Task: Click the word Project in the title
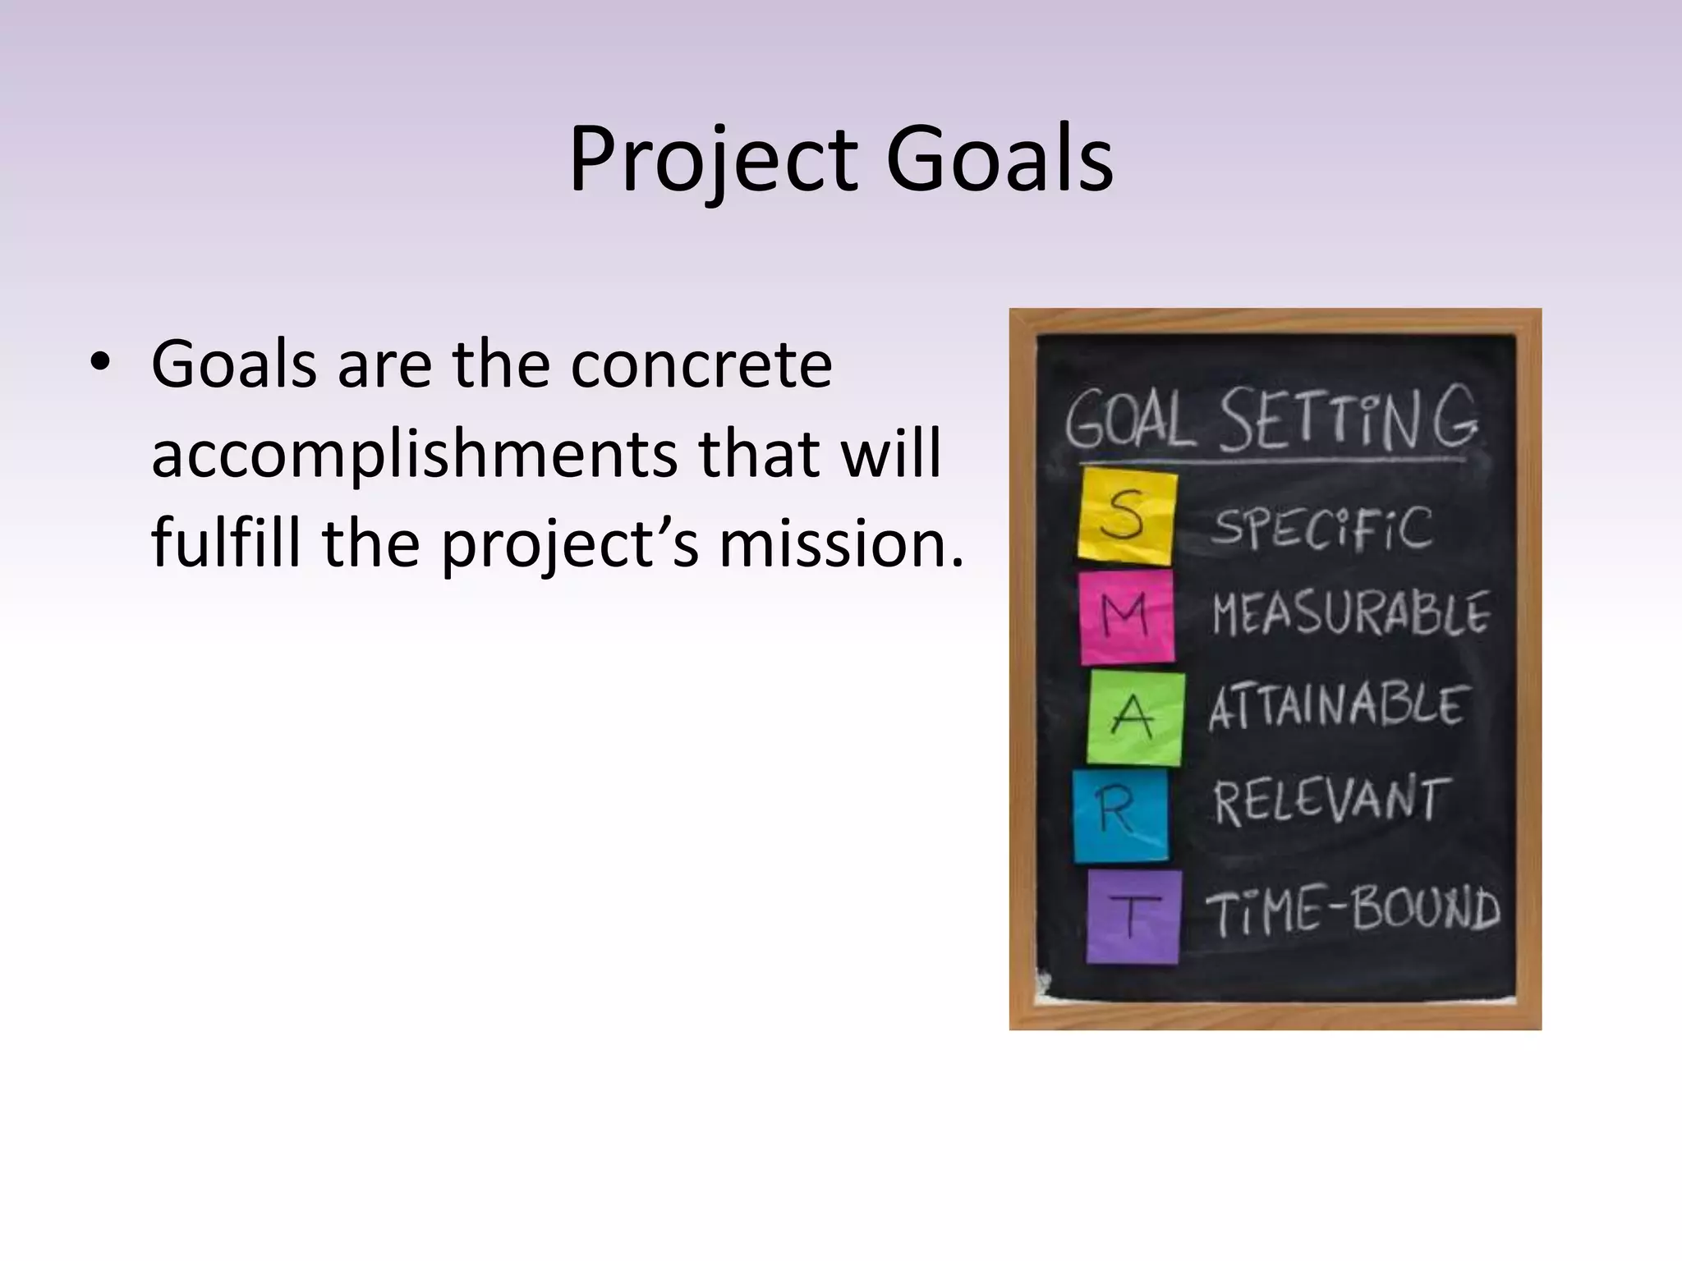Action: coord(711,160)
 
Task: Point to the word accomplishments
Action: coord(414,454)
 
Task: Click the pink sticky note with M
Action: coord(1126,617)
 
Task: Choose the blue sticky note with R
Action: coord(1120,814)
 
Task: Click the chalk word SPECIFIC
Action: coord(1321,528)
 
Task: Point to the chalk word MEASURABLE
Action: coord(1350,614)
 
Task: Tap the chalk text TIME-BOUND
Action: coord(1352,911)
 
